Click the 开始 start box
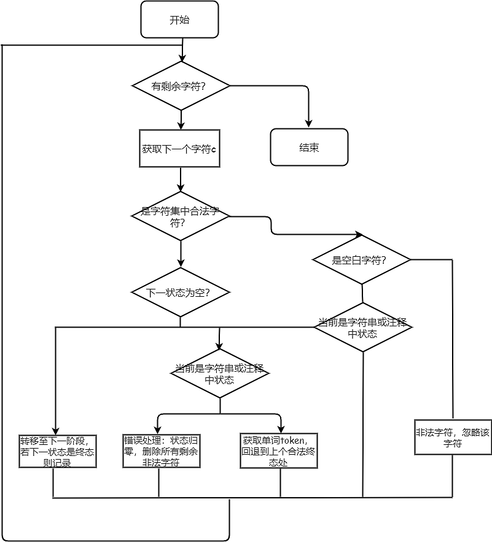(x=179, y=20)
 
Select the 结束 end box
(x=309, y=147)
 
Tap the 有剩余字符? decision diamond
(x=181, y=86)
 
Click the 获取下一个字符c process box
(x=179, y=149)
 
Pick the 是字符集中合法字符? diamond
(x=181, y=216)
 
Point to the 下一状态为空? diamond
(x=181, y=293)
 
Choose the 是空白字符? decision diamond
(x=361, y=260)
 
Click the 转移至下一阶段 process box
(x=58, y=451)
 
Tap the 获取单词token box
(x=279, y=451)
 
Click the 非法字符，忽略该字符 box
(x=453, y=437)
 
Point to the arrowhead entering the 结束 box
(x=308, y=125)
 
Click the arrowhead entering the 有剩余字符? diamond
(x=181, y=58)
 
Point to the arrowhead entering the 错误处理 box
(x=158, y=430)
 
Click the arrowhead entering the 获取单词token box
(x=281, y=430)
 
